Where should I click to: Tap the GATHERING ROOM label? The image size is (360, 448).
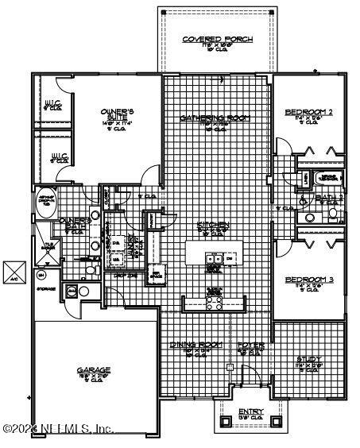pos(215,118)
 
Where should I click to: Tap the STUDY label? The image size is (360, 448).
pos(309,359)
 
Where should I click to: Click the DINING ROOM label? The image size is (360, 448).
pos(195,346)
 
